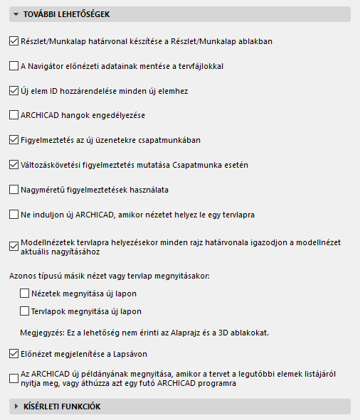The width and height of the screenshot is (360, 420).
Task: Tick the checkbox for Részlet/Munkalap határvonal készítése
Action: click(x=14, y=41)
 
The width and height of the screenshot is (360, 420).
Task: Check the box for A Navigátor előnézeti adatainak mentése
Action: click(x=14, y=66)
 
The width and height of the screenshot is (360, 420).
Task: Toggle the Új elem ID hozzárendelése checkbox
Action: click(x=14, y=91)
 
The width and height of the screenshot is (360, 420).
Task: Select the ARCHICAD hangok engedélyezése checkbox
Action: click(x=14, y=115)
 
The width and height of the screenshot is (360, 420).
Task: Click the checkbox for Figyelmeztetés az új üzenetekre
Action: click(x=14, y=140)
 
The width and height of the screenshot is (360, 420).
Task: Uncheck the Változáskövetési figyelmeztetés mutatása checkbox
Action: click(x=14, y=165)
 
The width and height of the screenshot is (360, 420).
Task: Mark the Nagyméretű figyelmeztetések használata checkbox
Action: click(x=14, y=190)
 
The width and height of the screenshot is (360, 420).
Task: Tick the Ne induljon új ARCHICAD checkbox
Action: click(x=14, y=214)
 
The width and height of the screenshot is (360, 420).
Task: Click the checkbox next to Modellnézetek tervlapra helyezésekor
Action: click(x=14, y=247)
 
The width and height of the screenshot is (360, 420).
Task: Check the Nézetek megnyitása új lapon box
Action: click(x=26, y=293)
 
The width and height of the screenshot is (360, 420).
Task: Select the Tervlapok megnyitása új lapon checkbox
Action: click(x=26, y=311)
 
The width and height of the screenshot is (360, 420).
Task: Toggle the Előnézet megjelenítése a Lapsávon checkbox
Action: click(x=14, y=352)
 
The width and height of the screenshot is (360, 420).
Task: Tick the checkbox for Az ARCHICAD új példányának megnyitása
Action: click(x=14, y=379)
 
